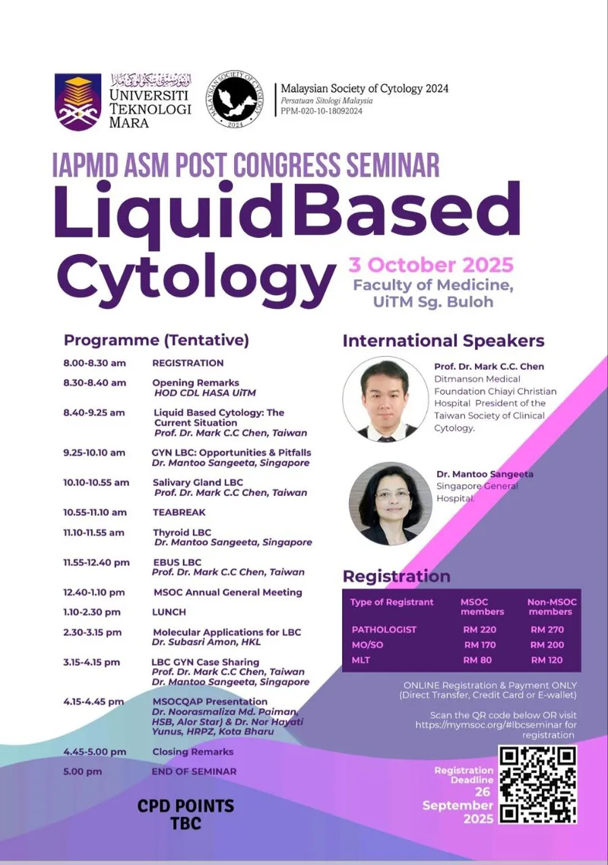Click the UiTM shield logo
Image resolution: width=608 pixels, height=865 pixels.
(78, 101)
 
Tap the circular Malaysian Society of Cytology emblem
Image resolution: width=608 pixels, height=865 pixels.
(235, 100)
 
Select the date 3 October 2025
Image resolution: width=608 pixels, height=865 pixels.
(430, 265)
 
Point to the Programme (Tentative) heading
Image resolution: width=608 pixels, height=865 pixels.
(157, 340)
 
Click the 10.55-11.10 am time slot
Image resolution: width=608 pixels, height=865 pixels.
(95, 513)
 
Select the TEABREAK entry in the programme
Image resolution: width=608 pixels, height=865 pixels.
(179, 513)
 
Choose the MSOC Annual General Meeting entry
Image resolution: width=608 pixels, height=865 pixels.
(228, 593)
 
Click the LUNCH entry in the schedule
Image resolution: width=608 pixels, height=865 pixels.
(169, 612)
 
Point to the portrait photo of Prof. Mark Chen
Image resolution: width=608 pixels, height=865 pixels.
(385, 399)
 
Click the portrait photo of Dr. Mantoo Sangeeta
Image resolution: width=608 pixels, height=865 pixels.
(391, 504)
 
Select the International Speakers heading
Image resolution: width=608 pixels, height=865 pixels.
(444, 341)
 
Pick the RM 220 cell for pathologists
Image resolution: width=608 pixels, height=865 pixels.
(480, 629)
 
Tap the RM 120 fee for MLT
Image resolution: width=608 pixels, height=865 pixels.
(546, 660)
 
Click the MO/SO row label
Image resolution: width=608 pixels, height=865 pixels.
(368, 645)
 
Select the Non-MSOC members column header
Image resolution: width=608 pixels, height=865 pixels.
(552, 607)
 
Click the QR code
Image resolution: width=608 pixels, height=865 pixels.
(537, 784)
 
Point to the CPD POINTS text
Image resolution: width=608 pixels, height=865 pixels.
(185, 806)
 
